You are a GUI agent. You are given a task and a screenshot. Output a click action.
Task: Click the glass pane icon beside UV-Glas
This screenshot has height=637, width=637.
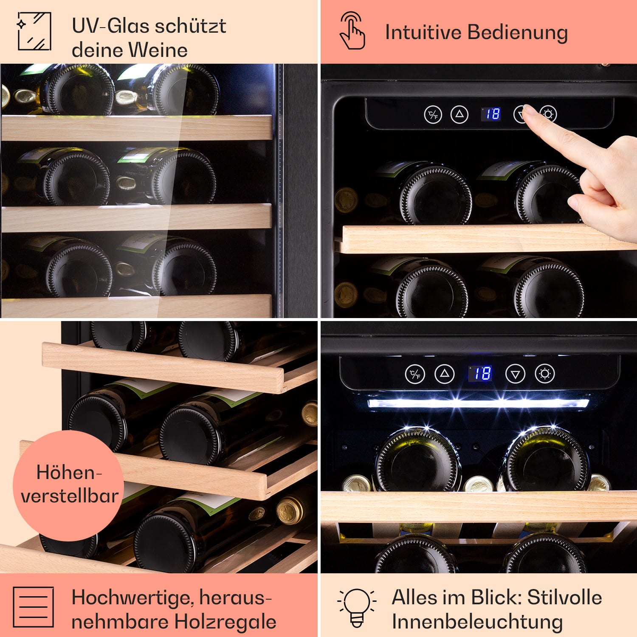coord(34,31)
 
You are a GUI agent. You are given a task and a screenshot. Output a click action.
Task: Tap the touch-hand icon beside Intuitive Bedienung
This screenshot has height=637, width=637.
coord(352,31)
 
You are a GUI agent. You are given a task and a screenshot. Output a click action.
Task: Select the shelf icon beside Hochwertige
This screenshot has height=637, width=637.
coord(33,607)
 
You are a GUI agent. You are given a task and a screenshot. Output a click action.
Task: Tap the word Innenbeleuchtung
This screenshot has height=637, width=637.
coord(477,622)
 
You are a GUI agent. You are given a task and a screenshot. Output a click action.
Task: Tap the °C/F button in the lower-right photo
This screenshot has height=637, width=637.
coord(415,374)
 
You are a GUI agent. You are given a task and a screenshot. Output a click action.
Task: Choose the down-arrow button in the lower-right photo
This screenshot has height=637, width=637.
coord(515,374)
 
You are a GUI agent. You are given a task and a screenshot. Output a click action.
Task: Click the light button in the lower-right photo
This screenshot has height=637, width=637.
coord(545,374)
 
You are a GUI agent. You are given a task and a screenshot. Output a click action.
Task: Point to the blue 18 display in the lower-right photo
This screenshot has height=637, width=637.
coord(481,373)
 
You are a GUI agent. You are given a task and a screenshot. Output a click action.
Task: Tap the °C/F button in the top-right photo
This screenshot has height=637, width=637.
coord(433,114)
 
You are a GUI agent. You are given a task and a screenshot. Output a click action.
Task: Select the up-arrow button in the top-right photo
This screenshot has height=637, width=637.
coord(459,114)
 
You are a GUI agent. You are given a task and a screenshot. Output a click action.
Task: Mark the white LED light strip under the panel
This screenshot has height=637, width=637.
coord(478,403)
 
